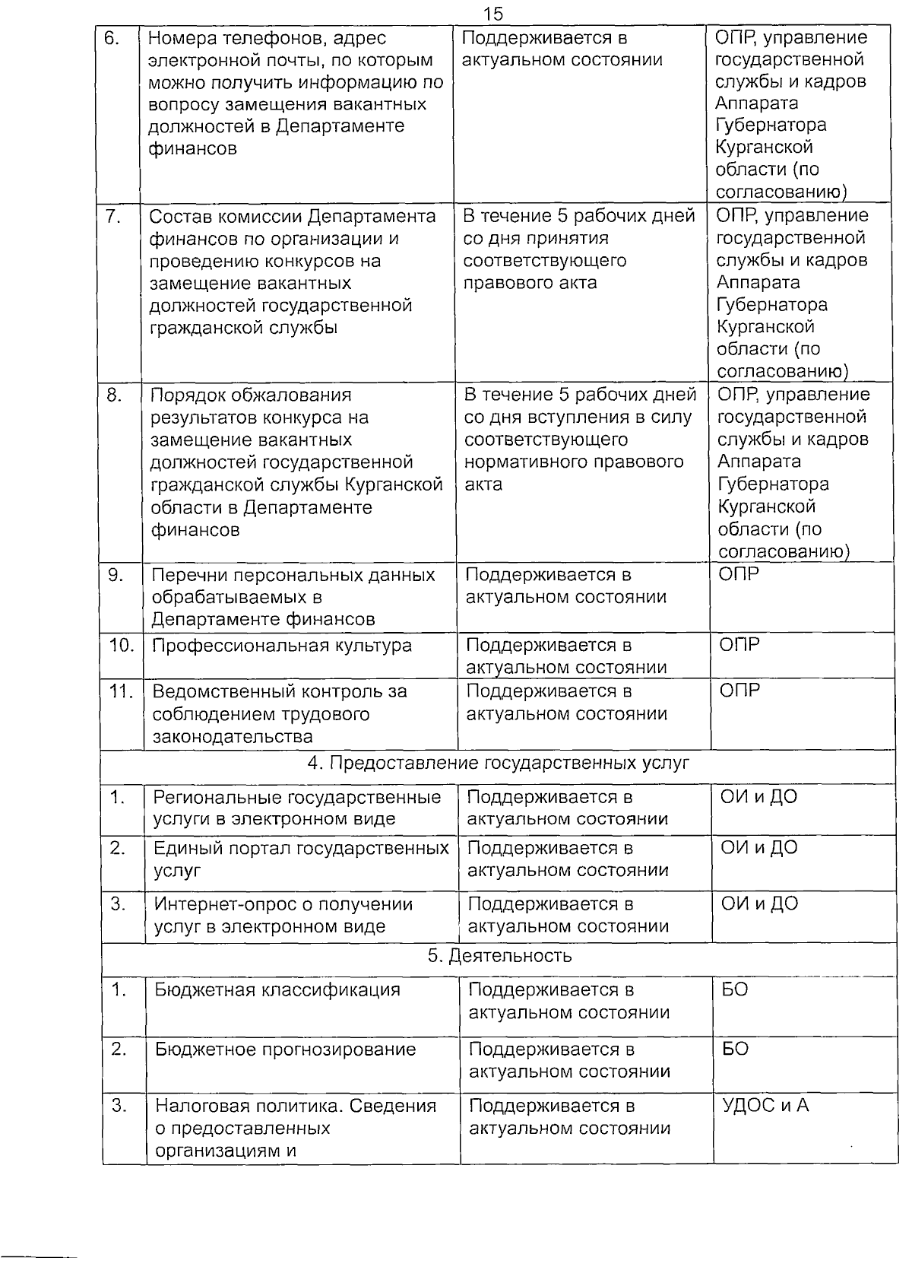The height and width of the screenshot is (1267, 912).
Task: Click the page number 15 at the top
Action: (492, 14)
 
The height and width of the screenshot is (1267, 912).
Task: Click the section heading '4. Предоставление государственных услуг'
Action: (499, 763)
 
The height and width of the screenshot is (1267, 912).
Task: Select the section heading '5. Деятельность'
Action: (499, 956)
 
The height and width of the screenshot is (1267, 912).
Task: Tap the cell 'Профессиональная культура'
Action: (282, 646)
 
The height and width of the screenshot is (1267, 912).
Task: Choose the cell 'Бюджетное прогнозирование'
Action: (285, 1049)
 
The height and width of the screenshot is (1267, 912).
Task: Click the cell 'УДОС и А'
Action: (765, 1105)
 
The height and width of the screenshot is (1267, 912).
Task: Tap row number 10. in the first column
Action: (122, 646)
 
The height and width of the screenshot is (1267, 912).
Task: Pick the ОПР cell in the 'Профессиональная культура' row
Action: (739, 645)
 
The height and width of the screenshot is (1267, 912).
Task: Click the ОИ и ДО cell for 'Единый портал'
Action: (759, 848)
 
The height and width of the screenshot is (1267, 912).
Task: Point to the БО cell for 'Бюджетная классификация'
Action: (735, 990)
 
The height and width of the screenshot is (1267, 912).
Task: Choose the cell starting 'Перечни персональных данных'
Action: (293, 597)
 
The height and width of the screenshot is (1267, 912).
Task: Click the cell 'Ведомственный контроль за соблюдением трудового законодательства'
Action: (280, 713)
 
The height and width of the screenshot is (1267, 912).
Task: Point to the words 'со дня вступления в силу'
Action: (578, 418)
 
